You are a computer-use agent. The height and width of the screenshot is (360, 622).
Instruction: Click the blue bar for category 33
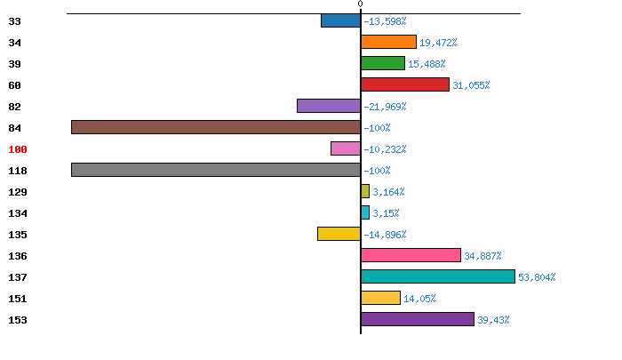340,20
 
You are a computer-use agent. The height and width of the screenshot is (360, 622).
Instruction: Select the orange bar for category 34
388,42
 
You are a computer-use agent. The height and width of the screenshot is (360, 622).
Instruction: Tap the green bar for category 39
383,63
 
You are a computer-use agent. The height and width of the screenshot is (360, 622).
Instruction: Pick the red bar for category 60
405,84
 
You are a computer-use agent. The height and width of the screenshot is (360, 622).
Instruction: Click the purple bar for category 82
329,106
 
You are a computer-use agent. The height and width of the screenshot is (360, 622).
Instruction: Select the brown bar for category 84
216,127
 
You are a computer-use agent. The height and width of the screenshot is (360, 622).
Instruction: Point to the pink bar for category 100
346,148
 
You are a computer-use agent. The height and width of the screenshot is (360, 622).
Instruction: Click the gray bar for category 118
216,170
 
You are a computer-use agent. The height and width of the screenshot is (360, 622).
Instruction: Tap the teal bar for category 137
438,276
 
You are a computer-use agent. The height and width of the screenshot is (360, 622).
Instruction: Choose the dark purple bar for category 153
418,319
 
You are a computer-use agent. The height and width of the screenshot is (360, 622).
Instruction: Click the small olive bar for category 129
365,191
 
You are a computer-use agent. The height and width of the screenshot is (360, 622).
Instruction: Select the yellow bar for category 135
339,234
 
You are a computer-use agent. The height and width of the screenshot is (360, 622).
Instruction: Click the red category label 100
18,149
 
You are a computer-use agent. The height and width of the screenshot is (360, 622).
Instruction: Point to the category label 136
18,256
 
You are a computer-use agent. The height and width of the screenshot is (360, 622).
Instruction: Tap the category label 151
18,299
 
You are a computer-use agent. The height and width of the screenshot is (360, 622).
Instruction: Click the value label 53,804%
537,277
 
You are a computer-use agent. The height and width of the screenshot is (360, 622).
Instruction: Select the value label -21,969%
385,107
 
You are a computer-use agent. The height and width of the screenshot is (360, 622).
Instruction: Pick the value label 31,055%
471,85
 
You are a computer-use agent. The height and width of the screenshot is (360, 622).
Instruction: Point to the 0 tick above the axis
360,4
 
